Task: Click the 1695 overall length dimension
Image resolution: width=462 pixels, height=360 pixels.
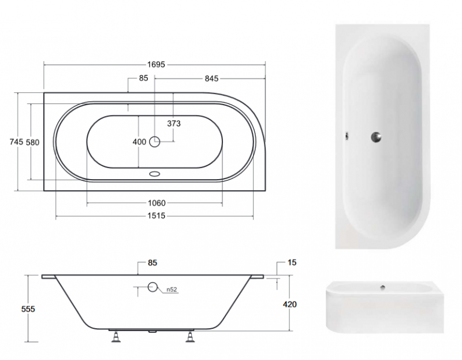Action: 156,65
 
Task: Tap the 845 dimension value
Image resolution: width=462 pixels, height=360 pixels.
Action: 211,79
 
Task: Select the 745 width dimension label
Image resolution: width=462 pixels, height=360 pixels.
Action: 16,142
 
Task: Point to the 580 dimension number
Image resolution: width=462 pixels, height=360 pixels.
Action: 32,142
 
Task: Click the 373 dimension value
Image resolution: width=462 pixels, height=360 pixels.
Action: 174,124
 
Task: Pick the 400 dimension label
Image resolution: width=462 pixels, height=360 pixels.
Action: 139,142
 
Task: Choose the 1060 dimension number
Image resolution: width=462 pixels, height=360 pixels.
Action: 157,203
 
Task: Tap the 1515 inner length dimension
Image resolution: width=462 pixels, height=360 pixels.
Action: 156,216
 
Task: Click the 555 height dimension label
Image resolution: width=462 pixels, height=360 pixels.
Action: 28,309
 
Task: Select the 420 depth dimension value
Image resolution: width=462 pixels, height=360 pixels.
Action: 290,305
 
